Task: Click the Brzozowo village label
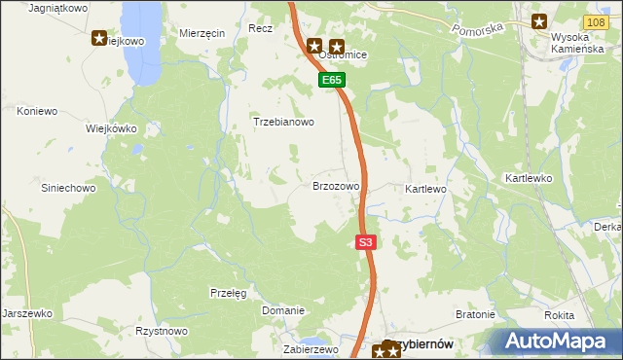(336, 185)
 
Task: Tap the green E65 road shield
(332, 81)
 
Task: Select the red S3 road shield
(365, 242)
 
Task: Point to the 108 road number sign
(598, 20)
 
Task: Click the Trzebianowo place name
(284, 123)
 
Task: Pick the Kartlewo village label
(425, 188)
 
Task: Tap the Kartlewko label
(529, 179)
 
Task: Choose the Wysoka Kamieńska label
(578, 44)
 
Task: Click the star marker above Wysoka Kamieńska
(538, 20)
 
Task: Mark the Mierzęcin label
(202, 32)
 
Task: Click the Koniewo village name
(38, 111)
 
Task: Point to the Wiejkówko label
(111, 128)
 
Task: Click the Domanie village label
(283, 310)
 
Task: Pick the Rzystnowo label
(162, 331)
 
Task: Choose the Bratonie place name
(476, 315)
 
